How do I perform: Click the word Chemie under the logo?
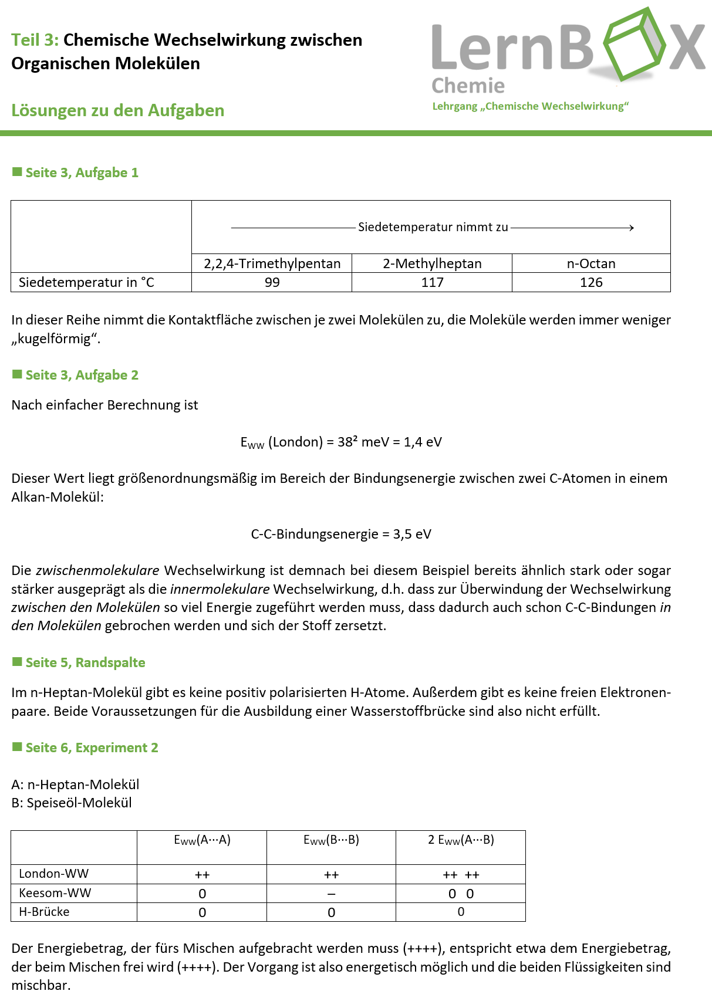coord(468,86)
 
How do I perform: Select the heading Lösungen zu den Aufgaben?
coord(117,110)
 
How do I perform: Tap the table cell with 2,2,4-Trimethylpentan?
coord(272,263)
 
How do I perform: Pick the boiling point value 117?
coord(432,282)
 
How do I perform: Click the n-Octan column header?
coord(591,263)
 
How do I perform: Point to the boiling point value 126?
coord(591,282)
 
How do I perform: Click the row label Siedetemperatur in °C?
coord(86,282)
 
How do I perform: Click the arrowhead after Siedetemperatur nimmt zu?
coord(631,228)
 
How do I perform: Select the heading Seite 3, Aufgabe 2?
coord(82,375)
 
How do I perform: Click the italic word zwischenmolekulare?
coord(97,570)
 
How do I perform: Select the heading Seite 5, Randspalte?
coord(85,662)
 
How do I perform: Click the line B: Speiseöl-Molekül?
coord(72,803)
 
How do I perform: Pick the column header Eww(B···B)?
coord(331,840)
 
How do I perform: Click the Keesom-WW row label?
coord(55,893)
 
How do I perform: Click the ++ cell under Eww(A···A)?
coord(202,875)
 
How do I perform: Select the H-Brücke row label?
coord(44,912)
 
